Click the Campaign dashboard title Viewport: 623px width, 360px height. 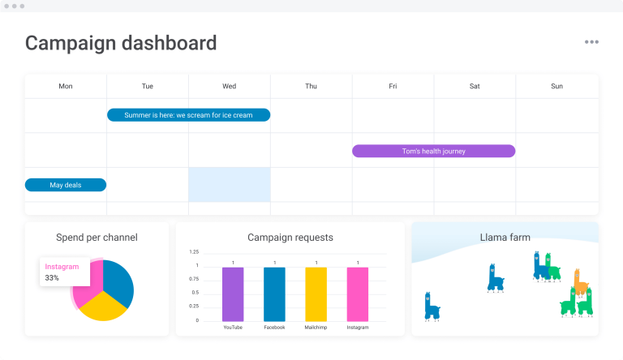click(x=121, y=43)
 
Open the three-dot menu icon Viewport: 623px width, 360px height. click(x=591, y=42)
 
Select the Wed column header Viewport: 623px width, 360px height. click(x=230, y=86)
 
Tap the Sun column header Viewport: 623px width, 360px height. click(x=556, y=86)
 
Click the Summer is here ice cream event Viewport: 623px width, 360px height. click(x=188, y=115)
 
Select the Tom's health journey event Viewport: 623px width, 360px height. click(x=433, y=151)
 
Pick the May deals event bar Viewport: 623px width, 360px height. click(x=66, y=185)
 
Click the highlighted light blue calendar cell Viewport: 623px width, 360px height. click(x=230, y=184)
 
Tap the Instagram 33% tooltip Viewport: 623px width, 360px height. click(x=64, y=272)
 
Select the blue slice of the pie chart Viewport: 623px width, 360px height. click(x=120, y=281)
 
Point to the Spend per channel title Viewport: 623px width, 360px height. click(x=97, y=238)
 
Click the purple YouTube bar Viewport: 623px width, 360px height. click(x=233, y=294)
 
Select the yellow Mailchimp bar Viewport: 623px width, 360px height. click(x=316, y=294)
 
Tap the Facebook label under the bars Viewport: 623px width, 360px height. click(x=274, y=328)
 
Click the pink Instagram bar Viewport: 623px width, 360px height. click(x=357, y=294)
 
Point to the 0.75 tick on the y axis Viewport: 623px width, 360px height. click(x=193, y=279)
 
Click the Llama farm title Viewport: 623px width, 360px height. click(x=505, y=238)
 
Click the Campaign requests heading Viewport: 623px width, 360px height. click(x=290, y=238)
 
